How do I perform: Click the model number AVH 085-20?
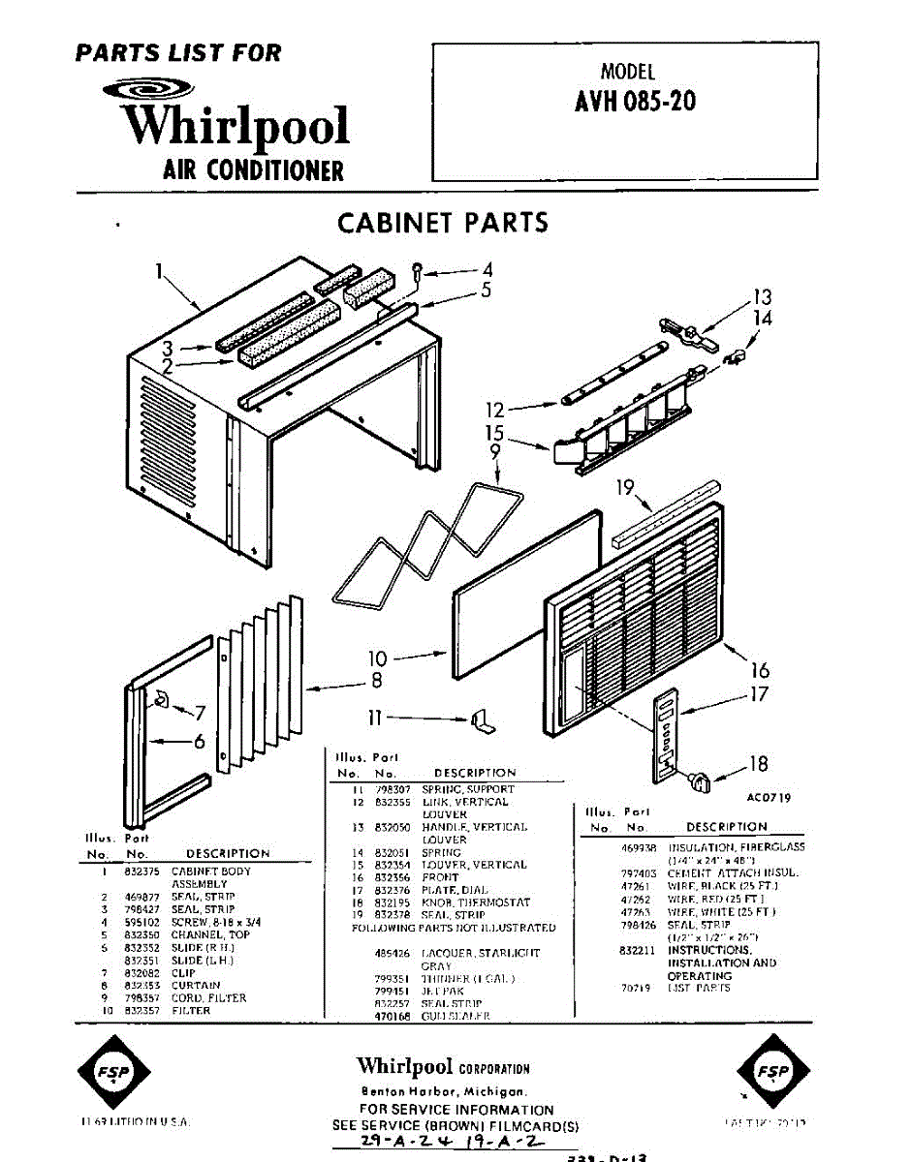coord(635,102)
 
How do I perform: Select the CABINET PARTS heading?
coord(442,223)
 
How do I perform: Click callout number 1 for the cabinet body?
coord(158,272)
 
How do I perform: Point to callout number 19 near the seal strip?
coord(626,487)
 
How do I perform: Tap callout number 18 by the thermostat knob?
coord(758,764)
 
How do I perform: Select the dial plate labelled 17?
coord(665,736)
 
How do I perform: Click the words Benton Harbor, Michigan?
coord(443,1091)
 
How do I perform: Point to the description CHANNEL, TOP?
coord(210,934)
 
